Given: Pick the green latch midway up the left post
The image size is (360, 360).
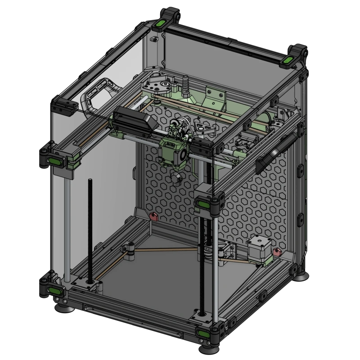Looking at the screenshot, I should (x=55, y=161).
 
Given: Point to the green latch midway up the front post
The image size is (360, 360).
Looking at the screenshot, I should (x=203, y=206).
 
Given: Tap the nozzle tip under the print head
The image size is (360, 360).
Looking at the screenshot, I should (x=176, y=180).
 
